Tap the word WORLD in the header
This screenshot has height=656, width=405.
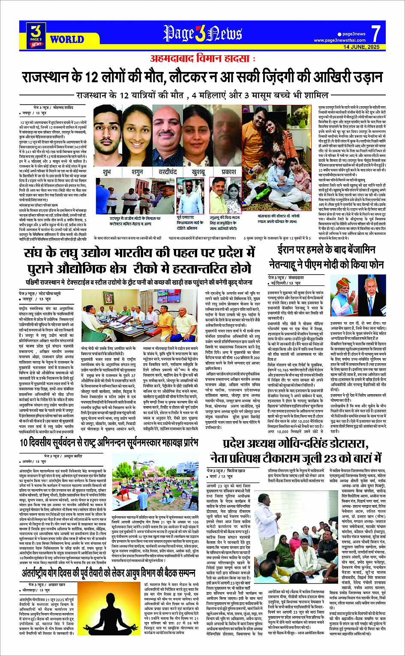[x=67, y=39]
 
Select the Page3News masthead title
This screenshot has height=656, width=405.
[x=202, y=33]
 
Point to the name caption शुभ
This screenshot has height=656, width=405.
[x=106, y=171]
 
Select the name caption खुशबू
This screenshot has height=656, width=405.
[x=198, y=171]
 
